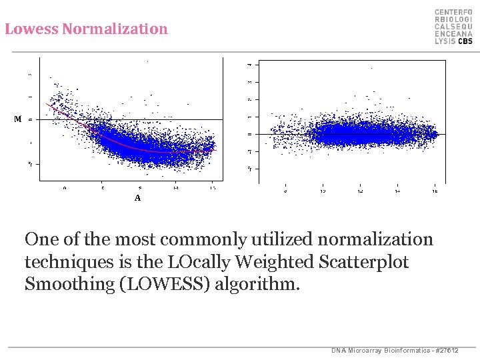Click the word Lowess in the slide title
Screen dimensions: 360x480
point(31,29)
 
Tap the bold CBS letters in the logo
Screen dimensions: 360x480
point(465,41)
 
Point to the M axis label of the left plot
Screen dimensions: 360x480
point(18,119)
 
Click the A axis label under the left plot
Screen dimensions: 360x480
point(137,198)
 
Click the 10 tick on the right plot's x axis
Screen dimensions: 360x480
point(323,191)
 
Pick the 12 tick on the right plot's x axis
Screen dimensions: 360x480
point(360,191)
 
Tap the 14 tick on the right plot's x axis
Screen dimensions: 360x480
point(397,191)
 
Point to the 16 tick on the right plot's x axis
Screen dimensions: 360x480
point(435,191)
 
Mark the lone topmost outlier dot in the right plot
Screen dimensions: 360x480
point(371,68)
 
